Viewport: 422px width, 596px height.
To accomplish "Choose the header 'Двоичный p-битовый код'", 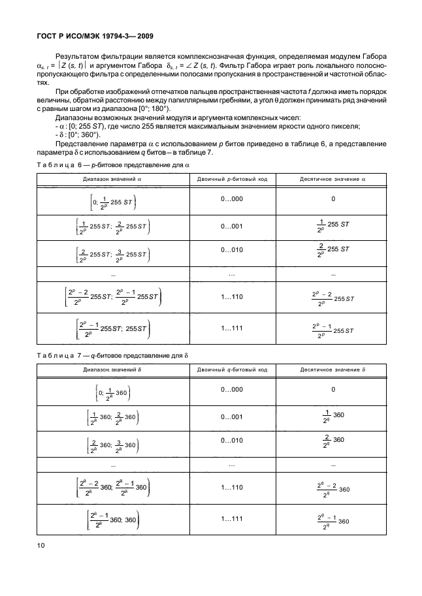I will [232, 178].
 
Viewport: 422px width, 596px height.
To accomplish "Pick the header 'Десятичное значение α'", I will [333, 178].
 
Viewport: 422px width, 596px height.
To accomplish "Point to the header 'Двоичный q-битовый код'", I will [232, 369].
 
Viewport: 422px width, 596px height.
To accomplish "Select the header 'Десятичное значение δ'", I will [333, 369].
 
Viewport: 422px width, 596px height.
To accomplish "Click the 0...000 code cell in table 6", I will [232, 198].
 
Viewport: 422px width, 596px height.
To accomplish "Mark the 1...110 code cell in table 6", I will [232, 296].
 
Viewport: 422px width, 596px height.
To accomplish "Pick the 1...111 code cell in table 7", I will [232, 518].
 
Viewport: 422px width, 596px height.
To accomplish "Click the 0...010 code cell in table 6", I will [232, 248].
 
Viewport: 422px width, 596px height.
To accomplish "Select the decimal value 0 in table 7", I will [333, 389].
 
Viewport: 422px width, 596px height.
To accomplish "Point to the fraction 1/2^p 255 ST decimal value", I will [333, 227].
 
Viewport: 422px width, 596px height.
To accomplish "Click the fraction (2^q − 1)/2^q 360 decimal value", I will [333, 521].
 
